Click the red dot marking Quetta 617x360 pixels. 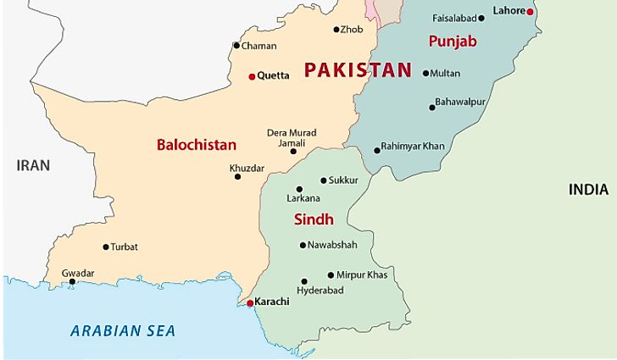pos(252,76)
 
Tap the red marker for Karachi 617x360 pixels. pos(249,302)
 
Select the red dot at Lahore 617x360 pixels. pos(530,12)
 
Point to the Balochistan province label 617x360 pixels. pos(196,145)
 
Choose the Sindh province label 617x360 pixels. pos(313,219)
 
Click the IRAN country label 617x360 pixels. pos(33,165)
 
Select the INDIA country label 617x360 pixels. pos(588,191)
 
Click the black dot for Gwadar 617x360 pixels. pos(72,282)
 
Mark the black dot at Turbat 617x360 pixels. pos(106,247)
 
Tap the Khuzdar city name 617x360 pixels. pos(247,168)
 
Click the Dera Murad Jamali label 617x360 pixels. pos(292,139)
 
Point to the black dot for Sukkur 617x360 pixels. pos(324,180)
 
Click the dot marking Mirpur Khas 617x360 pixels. pos(331,275)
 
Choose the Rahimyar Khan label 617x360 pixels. pos(413,146)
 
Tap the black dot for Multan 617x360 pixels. pos(425,74)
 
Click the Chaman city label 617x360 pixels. pos(258,46)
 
